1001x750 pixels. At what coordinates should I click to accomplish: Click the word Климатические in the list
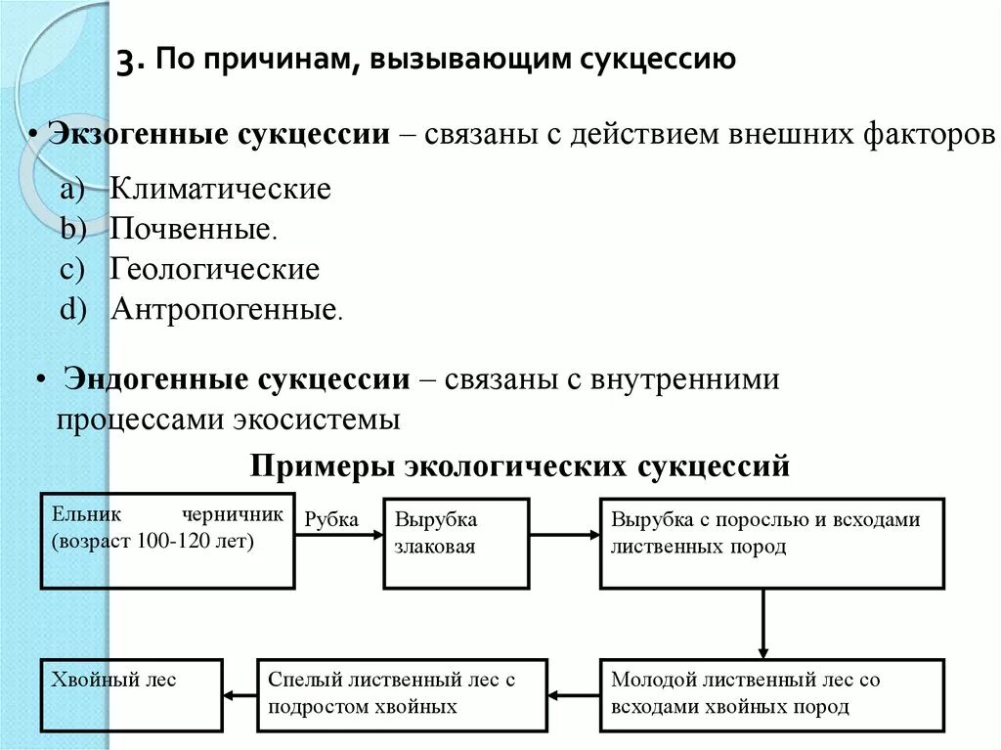click(220, 189)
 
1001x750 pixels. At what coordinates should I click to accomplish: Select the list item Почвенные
click(192, 230)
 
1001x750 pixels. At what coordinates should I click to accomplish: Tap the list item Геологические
click(214, 269)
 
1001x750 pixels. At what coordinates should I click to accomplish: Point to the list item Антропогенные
click(224, 310)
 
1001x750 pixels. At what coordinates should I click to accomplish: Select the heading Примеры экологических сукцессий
click(519, 465)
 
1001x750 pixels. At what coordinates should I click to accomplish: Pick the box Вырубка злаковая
click(456, 543)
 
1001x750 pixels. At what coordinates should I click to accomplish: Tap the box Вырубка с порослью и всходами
click(771, 543)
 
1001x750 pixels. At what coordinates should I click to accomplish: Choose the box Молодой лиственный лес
click(771, 694)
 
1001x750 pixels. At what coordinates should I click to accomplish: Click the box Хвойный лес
click(131, 694)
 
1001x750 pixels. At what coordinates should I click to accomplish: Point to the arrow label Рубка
click(331, 519)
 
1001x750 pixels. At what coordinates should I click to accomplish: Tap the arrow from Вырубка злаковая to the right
click(564, 535)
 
